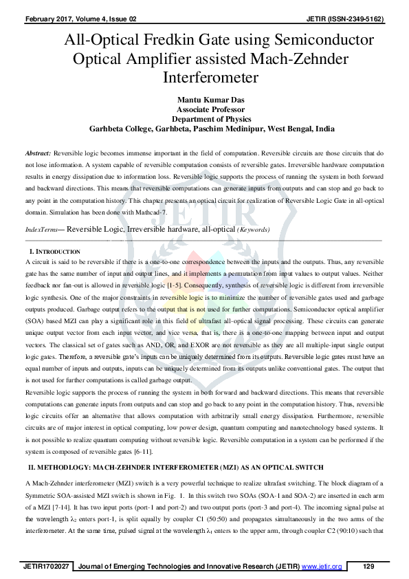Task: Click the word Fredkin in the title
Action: point(186,39)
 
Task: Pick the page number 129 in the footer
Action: point(368,566)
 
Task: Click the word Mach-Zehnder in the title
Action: point(311,56)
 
